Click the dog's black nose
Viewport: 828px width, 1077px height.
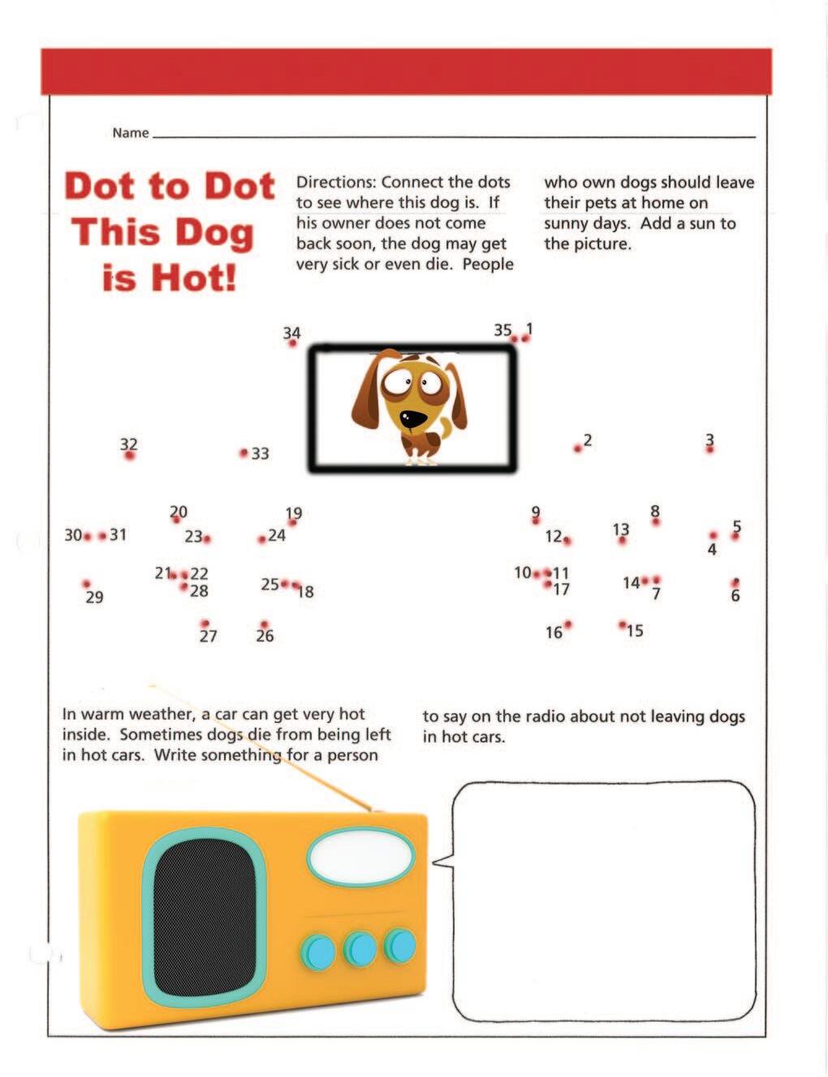[414, 418]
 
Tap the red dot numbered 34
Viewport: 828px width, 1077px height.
[292, 344]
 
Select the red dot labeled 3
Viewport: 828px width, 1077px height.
[709, 449]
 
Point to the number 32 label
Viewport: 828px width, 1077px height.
[128, 443]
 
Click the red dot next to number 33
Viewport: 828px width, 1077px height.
[244, 452]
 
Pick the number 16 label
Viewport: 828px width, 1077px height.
[553, 633]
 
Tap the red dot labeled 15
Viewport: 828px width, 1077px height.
[622, 625]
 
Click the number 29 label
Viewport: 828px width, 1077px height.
[94, 598]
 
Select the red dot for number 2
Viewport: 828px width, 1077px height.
[577, 448]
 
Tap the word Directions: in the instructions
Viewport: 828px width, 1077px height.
[335, 182]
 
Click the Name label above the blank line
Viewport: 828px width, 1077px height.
[130, 133]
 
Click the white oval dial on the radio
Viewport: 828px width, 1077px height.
[360, 857]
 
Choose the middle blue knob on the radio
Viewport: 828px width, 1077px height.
[359, 949]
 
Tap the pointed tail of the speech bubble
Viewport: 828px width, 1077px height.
[439, 862]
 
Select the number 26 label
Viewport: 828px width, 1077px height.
[265, 636]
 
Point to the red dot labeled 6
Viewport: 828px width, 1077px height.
[735, 582]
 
